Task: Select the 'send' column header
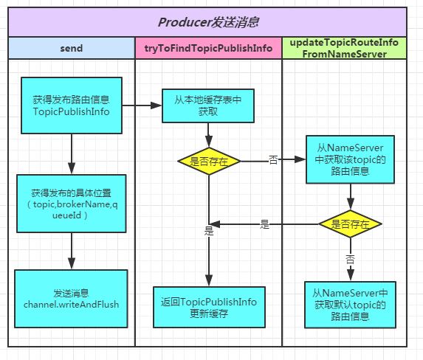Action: click(71, 49)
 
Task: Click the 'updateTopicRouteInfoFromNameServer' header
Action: click(345, 48)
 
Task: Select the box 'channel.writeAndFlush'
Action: click(72, 293)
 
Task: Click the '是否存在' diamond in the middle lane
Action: click(209, 160)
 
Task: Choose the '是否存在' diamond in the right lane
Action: click(350, 223)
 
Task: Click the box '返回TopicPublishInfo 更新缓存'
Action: click(209, 307)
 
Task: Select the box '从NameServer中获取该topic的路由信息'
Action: click(350, 159)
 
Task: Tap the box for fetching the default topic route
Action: click(350, 304)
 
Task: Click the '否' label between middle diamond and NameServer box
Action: click(272, 159)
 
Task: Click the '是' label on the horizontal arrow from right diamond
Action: click(264, 224)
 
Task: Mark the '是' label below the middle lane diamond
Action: click(209, 232)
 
